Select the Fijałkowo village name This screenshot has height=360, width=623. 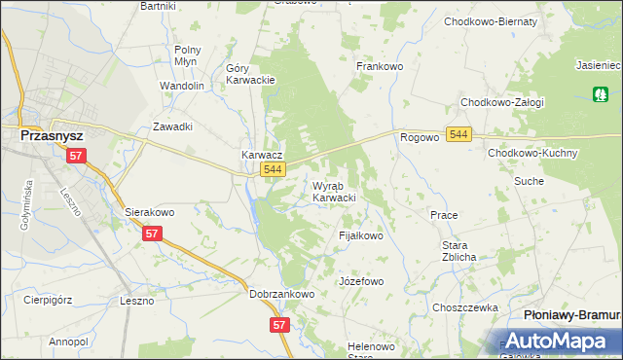click(360, 235)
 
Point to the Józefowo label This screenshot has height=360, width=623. click(361, 281)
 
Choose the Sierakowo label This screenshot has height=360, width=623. click(149, 211)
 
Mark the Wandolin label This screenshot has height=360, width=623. click(182, 86)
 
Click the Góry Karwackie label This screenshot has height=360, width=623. click(251, 74)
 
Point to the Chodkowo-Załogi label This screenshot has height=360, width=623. click(502, 102)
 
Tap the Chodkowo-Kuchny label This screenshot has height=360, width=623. click(533, 154)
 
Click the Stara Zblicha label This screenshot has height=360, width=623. click(458, 251)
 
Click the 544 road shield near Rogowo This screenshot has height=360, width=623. click(459, 133)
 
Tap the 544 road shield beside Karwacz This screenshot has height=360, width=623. click(273, 170)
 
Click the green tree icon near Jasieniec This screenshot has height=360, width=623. click(599, 93)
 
